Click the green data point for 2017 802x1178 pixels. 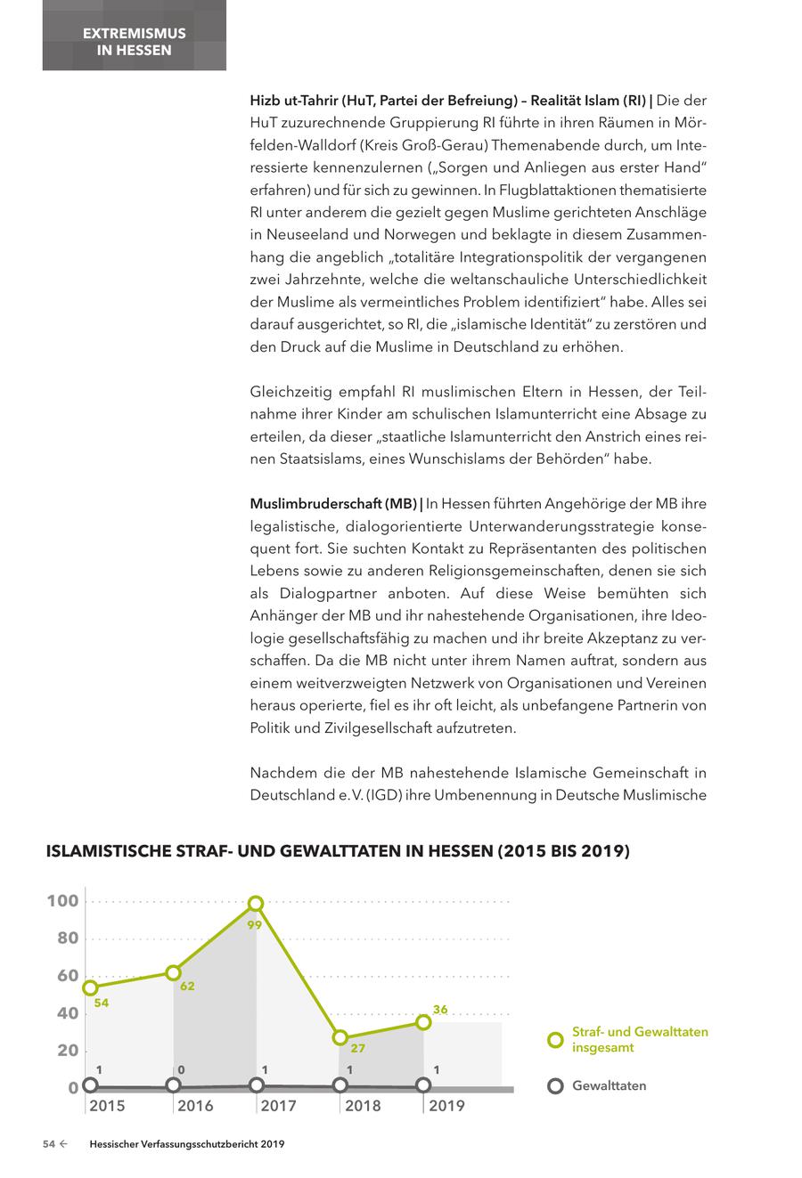(256, 904)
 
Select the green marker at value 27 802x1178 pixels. (340, 1037)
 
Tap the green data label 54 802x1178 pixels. (101, 1003)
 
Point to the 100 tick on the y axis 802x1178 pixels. (62, 901)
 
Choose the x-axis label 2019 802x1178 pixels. (446, 1106)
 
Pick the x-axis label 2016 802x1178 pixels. (195, 1106)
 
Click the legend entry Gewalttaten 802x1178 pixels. (609, 1085)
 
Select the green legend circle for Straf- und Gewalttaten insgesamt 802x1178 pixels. (555, 1040)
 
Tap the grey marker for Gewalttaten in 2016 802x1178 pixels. (173, 1085)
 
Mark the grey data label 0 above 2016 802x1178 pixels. (181, 1069)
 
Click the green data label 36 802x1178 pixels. (440, 1010)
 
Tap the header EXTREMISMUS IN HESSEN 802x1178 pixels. (134, 42)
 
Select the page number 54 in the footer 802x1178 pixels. (50, 1145)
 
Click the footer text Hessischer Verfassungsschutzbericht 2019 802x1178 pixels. (187, 1145)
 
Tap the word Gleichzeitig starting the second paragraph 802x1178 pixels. (291, 392)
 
